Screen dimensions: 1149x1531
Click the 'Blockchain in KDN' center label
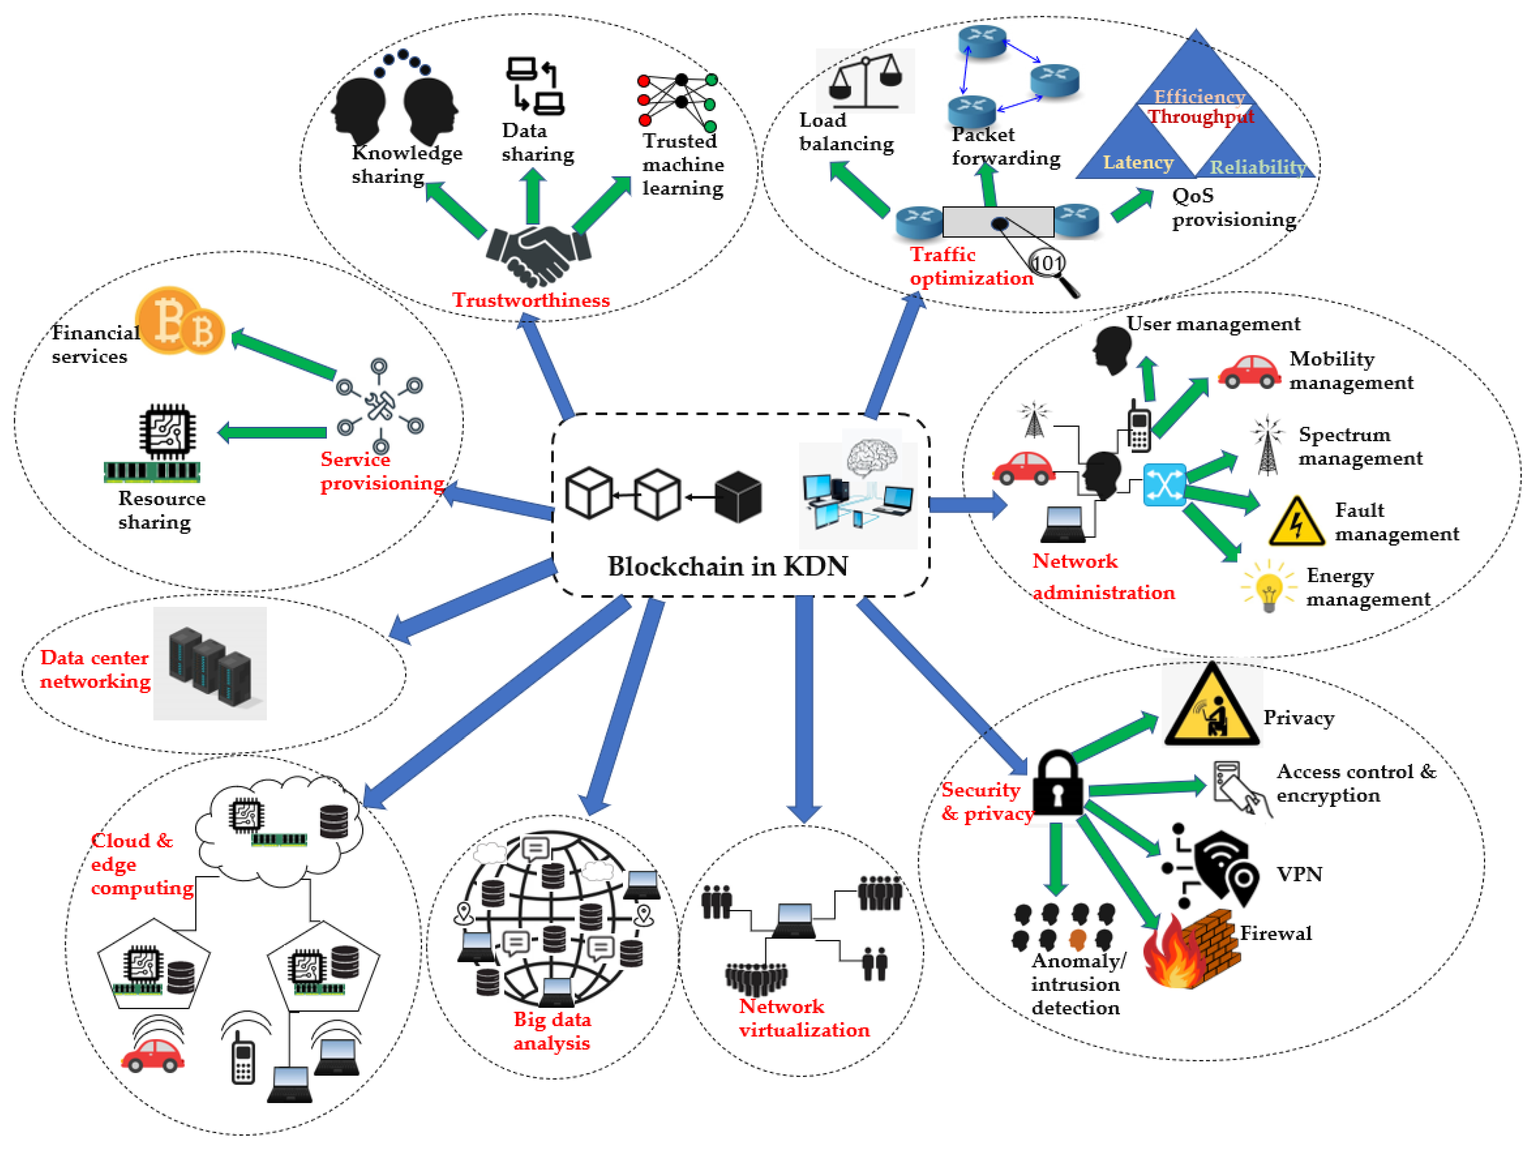[x=728, y=566]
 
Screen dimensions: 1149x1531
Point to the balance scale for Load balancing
[x=865, y=82]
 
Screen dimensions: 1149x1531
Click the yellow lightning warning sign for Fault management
[x=1296, y=523]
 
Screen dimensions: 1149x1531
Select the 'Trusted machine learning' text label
[x=682, y=165]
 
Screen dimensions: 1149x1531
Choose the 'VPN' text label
[x=1299, y=874]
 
